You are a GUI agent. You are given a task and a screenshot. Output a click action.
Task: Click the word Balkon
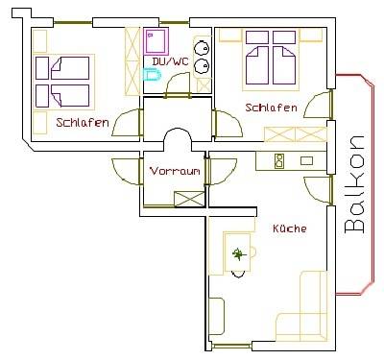click(354, 184)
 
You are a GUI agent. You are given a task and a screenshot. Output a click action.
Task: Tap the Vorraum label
click(175, 171)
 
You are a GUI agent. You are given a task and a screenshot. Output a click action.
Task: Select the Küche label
click(290, 228)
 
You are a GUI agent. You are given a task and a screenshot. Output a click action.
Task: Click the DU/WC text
click(170, 61)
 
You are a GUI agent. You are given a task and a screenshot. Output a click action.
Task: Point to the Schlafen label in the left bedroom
click(83, 122)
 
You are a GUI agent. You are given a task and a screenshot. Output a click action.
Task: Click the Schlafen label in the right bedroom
click(271, 108)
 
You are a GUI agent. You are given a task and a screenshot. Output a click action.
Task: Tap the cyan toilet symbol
click(152, 75)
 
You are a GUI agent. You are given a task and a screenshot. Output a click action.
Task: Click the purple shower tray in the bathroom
click(156, 41)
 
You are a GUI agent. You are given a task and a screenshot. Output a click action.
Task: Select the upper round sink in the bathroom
click(202, 47)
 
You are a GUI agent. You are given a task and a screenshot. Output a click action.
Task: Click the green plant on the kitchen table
click(238, 254)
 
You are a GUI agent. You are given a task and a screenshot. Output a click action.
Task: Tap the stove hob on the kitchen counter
click(279, 161)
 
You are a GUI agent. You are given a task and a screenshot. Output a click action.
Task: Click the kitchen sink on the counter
click(306, 160)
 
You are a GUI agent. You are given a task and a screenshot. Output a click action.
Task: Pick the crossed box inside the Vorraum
click(189, 199)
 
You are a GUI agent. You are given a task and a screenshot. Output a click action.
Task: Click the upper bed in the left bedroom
click(62, 68)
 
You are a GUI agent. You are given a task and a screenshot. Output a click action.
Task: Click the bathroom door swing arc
click(177, 82)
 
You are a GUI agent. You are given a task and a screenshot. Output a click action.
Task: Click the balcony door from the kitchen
click(318, 189)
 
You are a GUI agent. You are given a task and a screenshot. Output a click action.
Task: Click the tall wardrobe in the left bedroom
click(132, 61)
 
